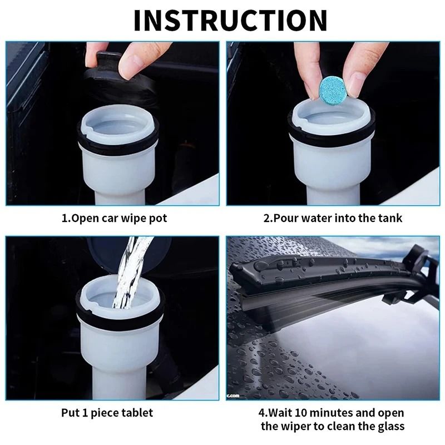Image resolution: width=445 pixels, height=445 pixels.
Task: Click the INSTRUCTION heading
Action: click(x=230, y=20)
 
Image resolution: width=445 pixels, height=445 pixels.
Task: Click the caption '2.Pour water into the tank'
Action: click(x=333, y=218)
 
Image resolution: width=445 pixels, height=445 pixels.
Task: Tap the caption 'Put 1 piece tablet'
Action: click(x=107, y=413)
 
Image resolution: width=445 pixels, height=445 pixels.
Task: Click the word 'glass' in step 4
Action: click(x=389, y=427)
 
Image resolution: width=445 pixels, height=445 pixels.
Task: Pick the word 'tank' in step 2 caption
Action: click(x=390, y=218)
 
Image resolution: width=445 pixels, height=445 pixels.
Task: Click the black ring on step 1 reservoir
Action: click(x=118, y=144)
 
